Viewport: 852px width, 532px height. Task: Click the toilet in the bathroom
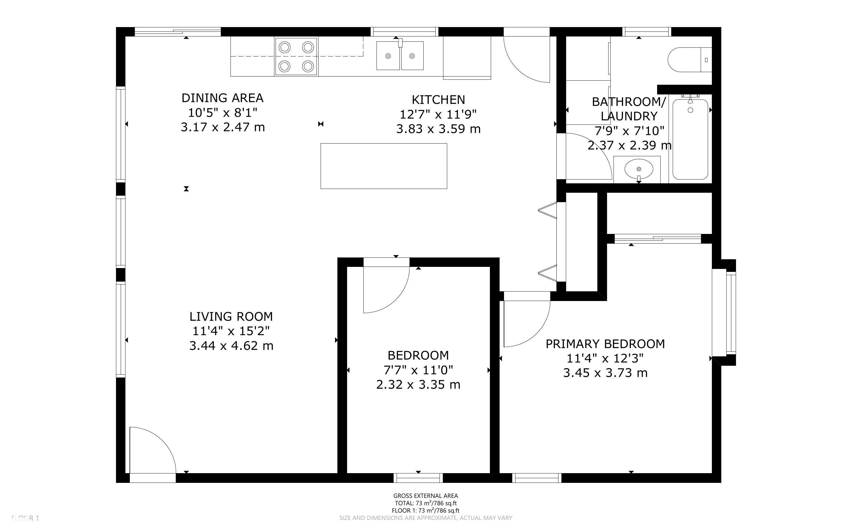[x=689, y=60]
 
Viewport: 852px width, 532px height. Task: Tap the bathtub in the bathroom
[x=690, y=139]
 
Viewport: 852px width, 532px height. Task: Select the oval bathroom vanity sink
[x=639, y=169]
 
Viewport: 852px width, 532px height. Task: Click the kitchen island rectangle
[x=384, y=166]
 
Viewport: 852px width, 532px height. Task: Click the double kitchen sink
[x=400, y=56]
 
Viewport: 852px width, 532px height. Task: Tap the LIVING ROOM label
[x=231, y=317]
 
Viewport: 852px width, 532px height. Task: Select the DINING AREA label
[x=222, y=98]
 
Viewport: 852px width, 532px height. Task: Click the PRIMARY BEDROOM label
[x=605, y=344]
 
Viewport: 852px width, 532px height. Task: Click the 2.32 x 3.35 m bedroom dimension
[x=418, y=385]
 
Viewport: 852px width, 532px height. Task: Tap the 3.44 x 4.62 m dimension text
[x=231, y=346]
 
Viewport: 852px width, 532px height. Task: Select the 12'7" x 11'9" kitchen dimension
[x=438, y=114]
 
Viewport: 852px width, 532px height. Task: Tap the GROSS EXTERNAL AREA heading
[x=425, y=496]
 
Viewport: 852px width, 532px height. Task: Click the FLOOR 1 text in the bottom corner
[x=25, y=518]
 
